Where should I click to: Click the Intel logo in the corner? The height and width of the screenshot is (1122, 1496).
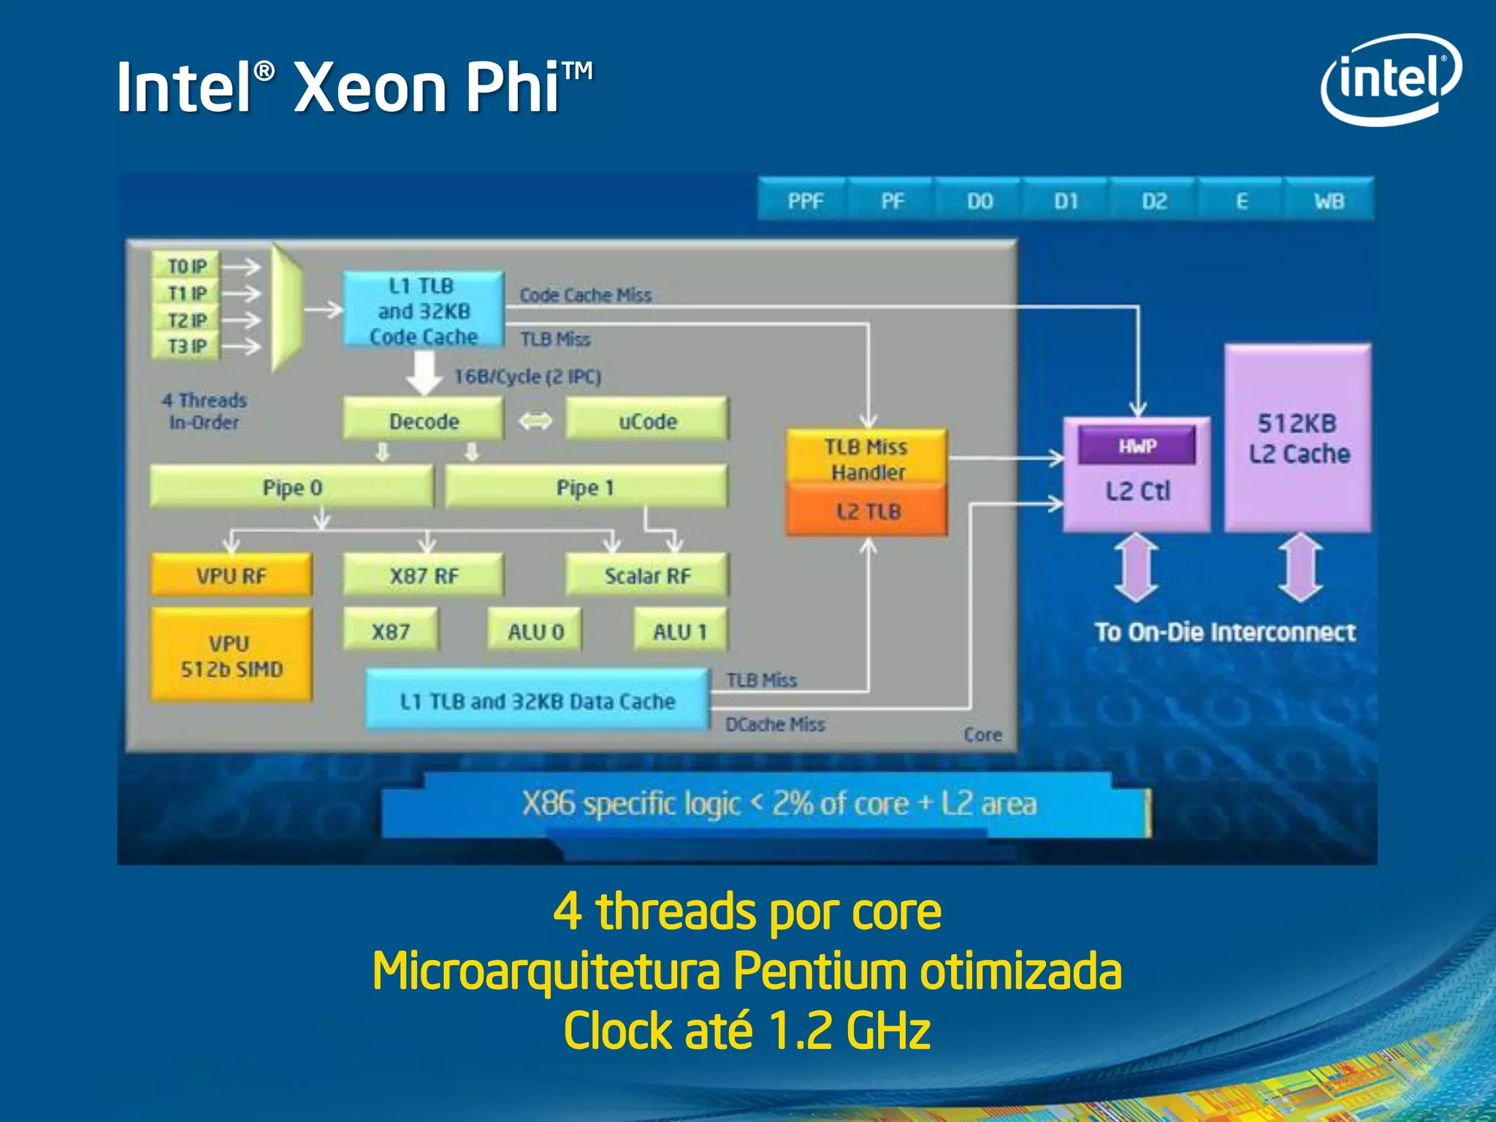(1390, 79)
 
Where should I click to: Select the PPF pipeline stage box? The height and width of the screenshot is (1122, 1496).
(804, 200)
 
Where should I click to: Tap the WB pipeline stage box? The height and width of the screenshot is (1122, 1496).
(1328, 200)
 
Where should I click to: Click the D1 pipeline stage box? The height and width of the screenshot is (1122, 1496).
(1066, 200)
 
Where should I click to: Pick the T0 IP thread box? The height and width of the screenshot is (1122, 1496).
(186, 266)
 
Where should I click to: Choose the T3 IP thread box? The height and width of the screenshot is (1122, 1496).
(186, 346)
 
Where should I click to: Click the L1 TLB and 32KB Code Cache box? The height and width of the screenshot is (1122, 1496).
(423, 310)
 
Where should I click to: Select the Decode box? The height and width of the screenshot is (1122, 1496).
(424, 421)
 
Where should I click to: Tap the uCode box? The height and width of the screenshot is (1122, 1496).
(647, 421)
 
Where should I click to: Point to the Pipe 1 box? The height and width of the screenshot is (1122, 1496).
(585, 487)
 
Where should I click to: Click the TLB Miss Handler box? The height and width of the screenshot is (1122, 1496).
(867, 458)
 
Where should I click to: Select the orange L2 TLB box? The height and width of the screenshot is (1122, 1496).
(867, 511)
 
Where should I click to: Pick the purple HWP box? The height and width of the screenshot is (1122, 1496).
(1137, 446)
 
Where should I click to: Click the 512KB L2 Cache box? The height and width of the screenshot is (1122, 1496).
(1298, 438)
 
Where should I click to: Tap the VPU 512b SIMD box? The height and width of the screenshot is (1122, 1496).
(231, 655)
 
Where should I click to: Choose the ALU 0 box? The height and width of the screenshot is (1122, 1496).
(535, 631)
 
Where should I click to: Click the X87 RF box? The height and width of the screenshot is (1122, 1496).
(424, 576)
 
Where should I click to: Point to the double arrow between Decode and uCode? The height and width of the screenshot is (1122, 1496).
(535, 421)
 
